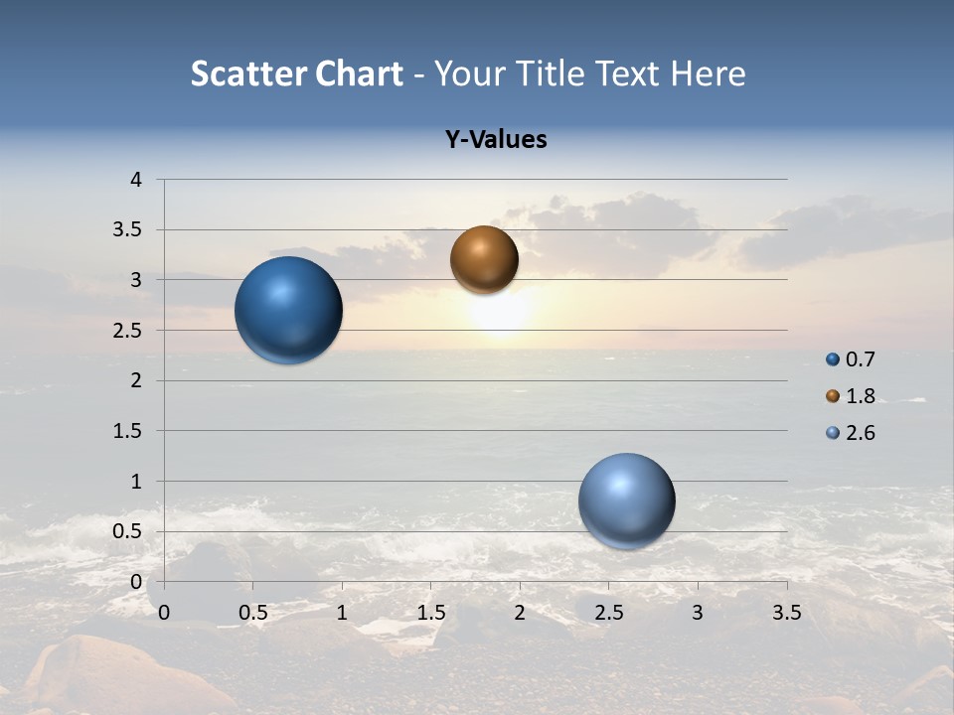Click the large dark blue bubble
coord(288,310)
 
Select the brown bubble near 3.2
coord(484,259)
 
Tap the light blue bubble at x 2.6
coord(626,500)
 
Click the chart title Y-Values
coord(496,140)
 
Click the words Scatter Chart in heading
coord(297,73)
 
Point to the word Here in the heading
coord(708,73)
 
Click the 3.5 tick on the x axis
coord(786,613)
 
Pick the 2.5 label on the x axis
coord(608,613)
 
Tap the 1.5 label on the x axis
coord(430,613)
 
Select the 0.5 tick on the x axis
coord(252,613)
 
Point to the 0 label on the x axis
coord(164,613)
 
